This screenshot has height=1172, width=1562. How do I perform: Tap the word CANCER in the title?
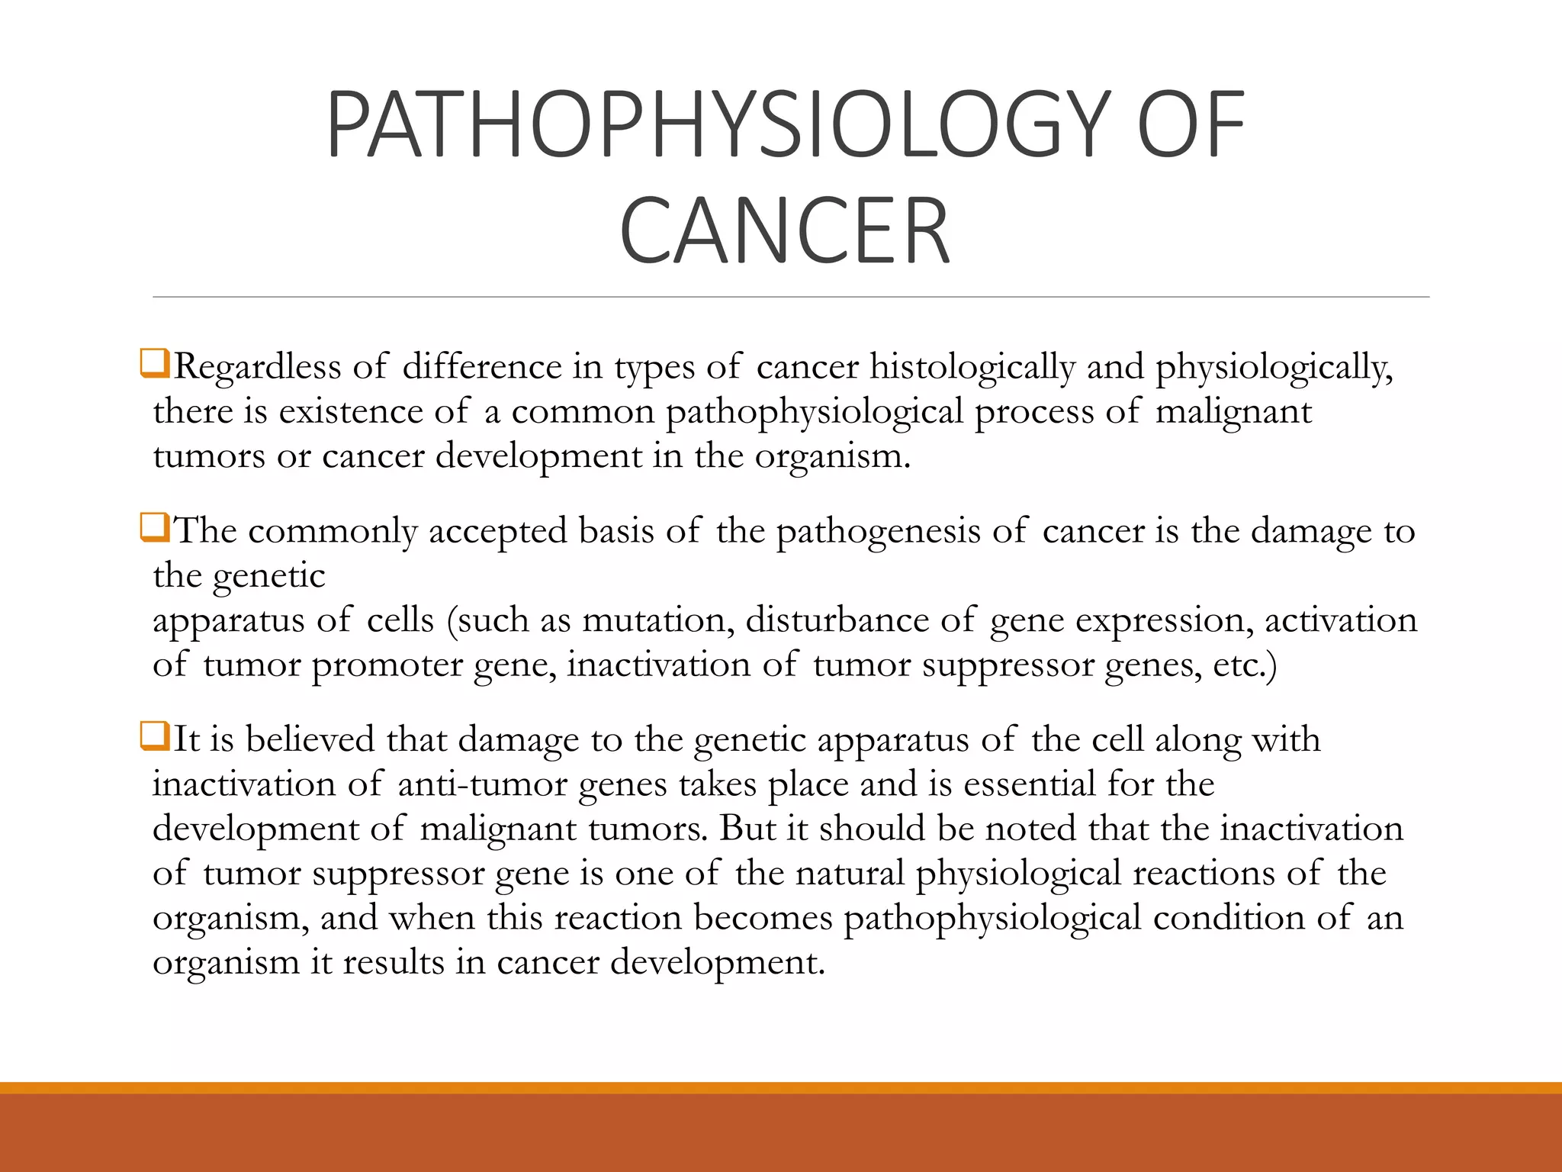(x=785, y=231)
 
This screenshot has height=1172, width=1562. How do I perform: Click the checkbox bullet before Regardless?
(x=155, y=363)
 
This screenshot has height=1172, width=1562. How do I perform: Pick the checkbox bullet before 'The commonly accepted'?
(x=155, y=527)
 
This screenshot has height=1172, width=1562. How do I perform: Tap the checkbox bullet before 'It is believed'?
(x=155, y=736)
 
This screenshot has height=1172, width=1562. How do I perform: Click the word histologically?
(x=972, y=368)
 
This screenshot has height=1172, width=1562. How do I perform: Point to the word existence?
(x=351, y=412)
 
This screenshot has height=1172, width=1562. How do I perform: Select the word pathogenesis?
(x=878, y=532)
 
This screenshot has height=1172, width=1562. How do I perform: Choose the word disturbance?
(x=837, y=620)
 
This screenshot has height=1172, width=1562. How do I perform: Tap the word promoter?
(x=387, y=665)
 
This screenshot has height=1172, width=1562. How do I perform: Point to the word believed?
(x=310, y=740)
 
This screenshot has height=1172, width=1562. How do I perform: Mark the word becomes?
(x=763, y=918)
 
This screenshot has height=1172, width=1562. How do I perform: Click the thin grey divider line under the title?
(x=790, y=297)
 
